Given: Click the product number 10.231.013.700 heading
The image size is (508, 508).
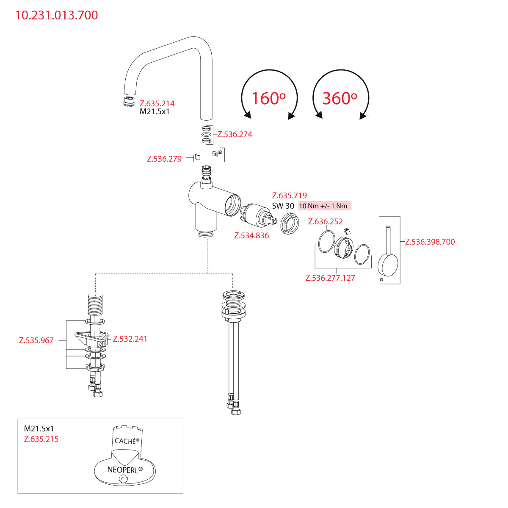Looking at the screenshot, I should pyautogui.click(x=57, y=15).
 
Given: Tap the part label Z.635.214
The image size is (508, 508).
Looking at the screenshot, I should pyautogui.click(x=157, y=103).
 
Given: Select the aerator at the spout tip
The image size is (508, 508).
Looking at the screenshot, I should pyautogui.click(x=127, y=102).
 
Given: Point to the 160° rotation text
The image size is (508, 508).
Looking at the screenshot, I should pyautogui.click(x=268, y=98).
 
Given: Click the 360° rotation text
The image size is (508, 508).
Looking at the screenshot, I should pyautogui.click(x=340, y=98).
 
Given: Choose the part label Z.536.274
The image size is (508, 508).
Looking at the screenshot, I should pyautogui.click(x=235, y=134).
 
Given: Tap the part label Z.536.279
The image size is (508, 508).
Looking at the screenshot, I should pyautogui.click(x=164, y=159).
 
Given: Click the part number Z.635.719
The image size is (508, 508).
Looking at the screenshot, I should pyautogui.click(x=290, y=195).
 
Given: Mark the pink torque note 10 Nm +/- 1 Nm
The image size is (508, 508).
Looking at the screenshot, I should pyautogui.click(x=324, y=206).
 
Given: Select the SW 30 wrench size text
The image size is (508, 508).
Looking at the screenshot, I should pyautogui.click(x=283, y=206).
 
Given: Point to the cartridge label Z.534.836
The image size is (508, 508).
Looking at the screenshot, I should pyautogui.click(x=251, y=235).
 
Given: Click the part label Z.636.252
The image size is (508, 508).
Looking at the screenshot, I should pyautogui.click(x=326, y=221).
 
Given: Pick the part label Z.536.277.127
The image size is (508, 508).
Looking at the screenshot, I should pyautogui.click(x=330, y=278).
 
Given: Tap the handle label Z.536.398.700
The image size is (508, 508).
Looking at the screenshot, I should pyautogui.click(x=430, y=242).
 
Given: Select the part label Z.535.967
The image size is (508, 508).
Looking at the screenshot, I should pyautogui.click(x=36, y=340).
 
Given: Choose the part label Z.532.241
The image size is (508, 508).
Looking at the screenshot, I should pyautogui.click(x=130, y=339).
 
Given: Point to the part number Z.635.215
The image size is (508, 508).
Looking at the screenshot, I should pyautogui.click(x=41, y=439).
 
